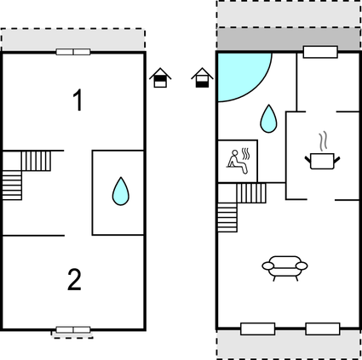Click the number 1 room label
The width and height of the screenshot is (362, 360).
point(78,100)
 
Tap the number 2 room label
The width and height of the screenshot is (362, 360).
point(74,280)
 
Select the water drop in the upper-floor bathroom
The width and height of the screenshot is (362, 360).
point(121,191)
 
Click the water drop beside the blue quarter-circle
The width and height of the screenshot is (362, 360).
point(268,119)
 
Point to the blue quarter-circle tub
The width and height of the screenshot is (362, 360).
point(241,75)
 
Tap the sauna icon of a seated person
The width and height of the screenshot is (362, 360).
point(238,161)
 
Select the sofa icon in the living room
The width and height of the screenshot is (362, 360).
point(284,268)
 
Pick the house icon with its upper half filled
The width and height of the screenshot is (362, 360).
point(160,77)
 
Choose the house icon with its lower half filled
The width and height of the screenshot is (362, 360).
point(202,77)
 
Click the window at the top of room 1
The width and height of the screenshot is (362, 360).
point(73,52)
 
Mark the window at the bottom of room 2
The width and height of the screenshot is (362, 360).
point(73,330)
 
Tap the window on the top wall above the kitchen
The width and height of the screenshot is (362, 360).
point(320,52)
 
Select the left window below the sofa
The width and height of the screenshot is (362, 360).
point(258,329)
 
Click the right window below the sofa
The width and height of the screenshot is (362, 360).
point(323,329)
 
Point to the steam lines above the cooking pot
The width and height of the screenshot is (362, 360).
point(323,141)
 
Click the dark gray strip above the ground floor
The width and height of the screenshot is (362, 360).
point(288,38)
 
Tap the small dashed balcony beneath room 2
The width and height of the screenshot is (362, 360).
point(72,334)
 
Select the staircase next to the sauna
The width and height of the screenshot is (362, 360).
point(242,208)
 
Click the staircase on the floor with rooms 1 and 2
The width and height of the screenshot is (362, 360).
point(26,175)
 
